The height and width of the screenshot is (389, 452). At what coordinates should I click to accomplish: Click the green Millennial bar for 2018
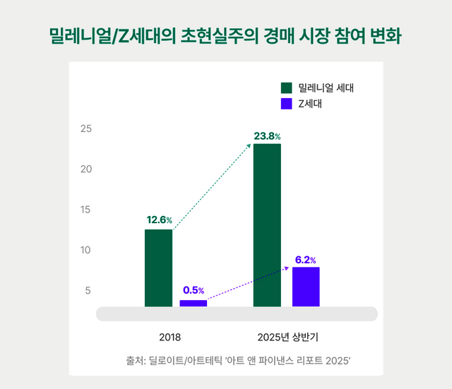coord(158,268)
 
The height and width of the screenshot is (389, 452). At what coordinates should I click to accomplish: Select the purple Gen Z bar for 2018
coord(193,303)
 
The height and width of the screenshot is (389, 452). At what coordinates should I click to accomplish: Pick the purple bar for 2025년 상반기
coord(306,287)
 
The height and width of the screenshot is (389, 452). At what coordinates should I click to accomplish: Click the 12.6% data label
coord(159,220)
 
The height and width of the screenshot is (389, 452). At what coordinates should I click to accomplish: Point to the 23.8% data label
coord(268,136)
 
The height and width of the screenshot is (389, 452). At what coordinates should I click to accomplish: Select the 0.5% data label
coord(193,290)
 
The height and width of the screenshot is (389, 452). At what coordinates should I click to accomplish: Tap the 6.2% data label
coord(305,260)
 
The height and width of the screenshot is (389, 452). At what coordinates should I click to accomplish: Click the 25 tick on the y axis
coord(86,129)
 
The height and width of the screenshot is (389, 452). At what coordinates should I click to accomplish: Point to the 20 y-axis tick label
coord(86,169)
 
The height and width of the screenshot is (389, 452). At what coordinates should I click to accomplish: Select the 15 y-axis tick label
coord(86,210)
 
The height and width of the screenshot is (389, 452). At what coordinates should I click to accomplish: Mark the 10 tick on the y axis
coord(86,250)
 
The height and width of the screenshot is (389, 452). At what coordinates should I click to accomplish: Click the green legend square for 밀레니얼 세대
coord(286,88)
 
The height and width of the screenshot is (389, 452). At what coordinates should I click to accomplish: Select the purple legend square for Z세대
coord(286,104)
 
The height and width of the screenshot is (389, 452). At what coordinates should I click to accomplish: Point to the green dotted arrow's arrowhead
coord(249,145)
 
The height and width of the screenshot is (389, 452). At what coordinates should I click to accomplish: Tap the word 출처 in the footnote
coord(135,361)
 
